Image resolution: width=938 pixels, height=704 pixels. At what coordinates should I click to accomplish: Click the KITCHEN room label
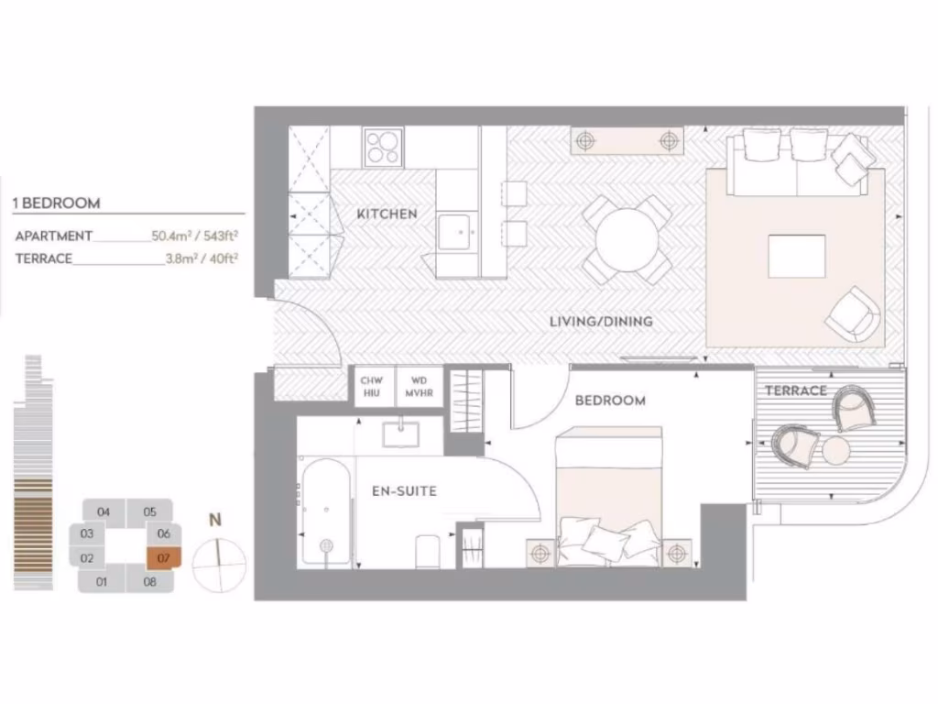tap(387, 214)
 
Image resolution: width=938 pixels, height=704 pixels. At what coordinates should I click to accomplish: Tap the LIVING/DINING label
tap(600, 322)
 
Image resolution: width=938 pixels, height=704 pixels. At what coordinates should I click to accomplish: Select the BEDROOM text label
tap(609, 401)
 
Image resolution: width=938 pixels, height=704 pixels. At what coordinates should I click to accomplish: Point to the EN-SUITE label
tap(404, 491)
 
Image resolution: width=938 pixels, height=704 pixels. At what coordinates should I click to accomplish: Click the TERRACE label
tap(795, 390)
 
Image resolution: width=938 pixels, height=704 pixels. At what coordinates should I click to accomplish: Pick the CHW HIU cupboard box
tap(371, 386)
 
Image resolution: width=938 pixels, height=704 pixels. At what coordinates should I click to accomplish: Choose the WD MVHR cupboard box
tap(420, 386)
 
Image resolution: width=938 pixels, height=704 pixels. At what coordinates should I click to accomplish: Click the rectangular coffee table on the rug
tap(796, 256)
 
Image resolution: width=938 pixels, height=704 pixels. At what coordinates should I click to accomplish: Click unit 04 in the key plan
tap(104, 511)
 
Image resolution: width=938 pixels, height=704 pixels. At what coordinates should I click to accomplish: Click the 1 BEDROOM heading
tap(57, 203)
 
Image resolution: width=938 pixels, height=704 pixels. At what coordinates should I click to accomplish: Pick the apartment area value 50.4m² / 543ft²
tap(195, 236)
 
